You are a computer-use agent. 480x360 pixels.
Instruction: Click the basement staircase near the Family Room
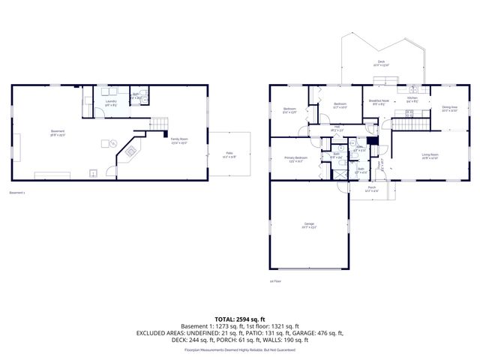[x=158, y=124]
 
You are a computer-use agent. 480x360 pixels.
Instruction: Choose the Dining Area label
[x=449, y=108]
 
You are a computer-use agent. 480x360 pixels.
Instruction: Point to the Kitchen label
[x=412, y=99]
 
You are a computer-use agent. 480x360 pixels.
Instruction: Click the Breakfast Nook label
[x=379, y=102]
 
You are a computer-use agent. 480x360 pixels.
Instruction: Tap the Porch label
[x=371, y=188]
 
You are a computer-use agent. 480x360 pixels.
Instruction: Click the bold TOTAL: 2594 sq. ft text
[x=239, y=318]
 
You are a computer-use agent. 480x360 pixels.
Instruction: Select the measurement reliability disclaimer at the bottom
[x=239, y=349]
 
